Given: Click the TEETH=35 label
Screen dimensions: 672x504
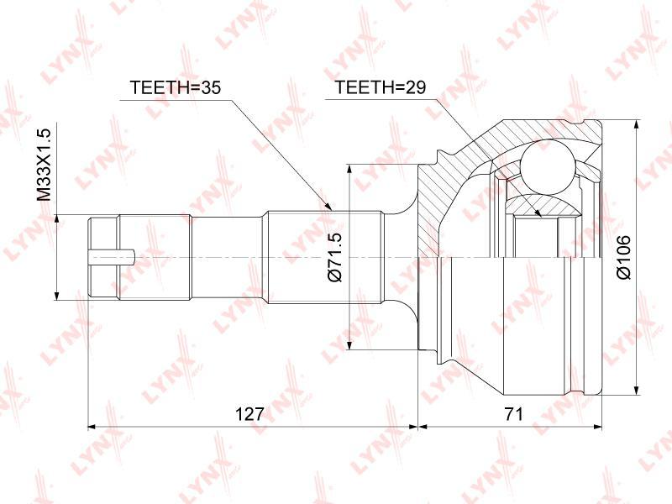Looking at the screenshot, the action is click(x=175, y=87).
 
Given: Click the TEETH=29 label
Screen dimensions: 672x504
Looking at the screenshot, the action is click(x=381, y=87).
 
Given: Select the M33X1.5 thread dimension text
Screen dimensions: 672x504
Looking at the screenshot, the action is click(x=44, y=165).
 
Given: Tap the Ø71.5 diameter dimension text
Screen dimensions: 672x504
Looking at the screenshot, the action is click(x=334, y=257).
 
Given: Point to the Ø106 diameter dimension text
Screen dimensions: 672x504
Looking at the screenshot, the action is click(x=624, y=257).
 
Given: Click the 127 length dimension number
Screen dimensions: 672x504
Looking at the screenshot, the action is click(x=249, y=414).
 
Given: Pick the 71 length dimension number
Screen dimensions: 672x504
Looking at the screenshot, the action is click(x=513, y=414).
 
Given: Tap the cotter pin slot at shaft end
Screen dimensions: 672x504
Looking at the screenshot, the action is click(x=112, y=257).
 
